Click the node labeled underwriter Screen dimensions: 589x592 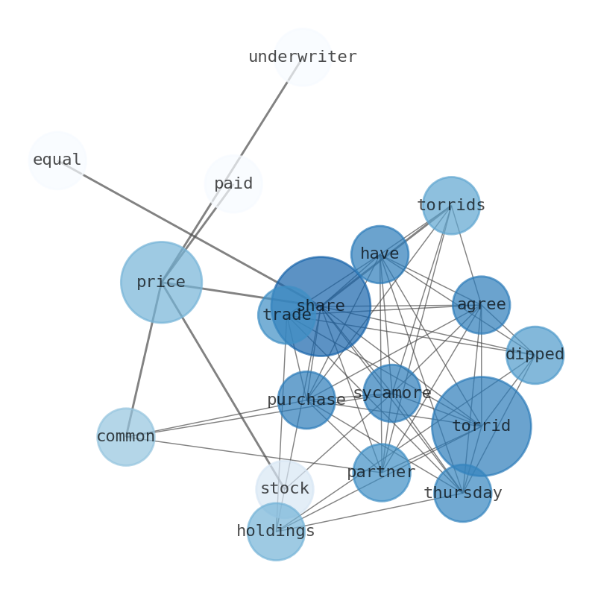tap(302, 57)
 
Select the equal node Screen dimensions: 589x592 tap(57, 160)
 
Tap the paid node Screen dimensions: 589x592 tap(233, 183)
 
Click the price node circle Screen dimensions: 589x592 tap(161, 283)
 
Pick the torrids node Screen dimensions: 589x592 tap(451, 205)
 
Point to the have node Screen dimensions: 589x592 tap(380, 254)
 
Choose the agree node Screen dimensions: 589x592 tap(481, 305)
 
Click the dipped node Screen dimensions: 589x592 tap(535, 355)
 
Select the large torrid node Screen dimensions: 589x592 tap(481, 426)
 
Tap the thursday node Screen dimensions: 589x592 tap(462, 493)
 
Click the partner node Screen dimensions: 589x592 tap(381, 472)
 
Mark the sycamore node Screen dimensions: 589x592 tap(392, 393)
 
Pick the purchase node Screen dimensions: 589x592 tap(306, 400)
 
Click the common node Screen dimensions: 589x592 tap(126, 437)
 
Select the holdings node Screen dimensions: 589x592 tap(276, 532)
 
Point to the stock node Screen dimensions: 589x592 tap(284, 489)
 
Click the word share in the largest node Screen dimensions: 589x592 tap(321, 306)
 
